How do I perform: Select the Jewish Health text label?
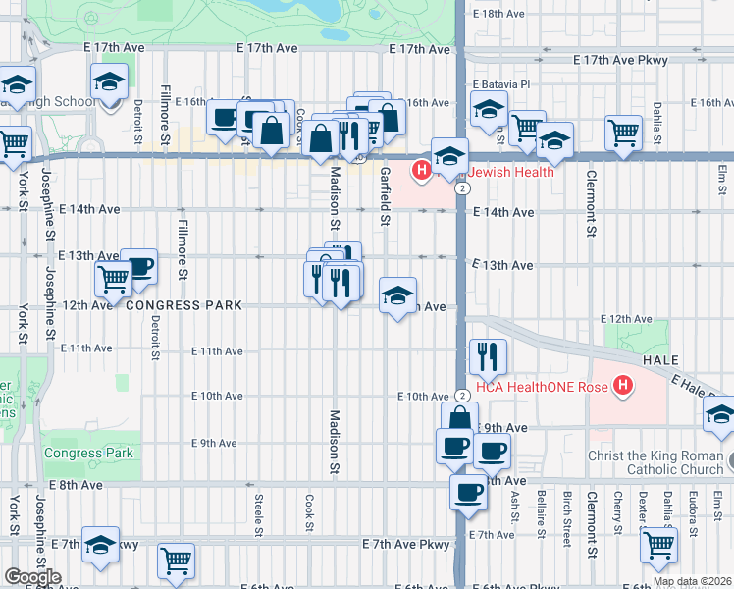pyautogui.click(x=509, y=172)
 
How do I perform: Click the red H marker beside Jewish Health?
pyautogui.click(x=422, y=172)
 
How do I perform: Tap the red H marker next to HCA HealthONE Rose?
pyautogui.click(x=620, y=386)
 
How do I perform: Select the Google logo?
pyautogui.click(x=32, y=577)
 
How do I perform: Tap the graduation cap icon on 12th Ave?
pyautogui.click(x=397, y=296)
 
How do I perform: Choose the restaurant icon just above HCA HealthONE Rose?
pyautogui.click(x=488, y=357)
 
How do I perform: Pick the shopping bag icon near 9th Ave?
pyautogui.click(x=458, y=419)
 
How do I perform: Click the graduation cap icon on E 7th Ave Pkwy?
pyautogui.click(x=100, y=544)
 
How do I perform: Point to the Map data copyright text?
pyautogui.click(x=692, y=581)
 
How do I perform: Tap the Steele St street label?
pyautogui.click(x=258, y=510)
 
